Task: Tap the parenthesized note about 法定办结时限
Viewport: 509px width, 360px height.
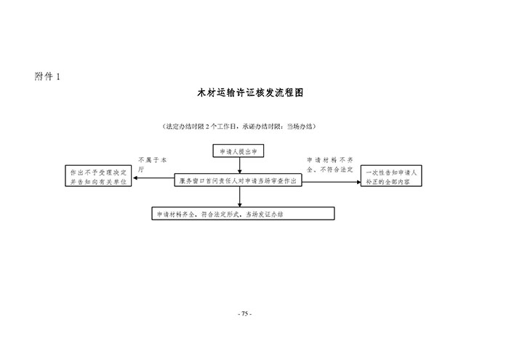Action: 239,126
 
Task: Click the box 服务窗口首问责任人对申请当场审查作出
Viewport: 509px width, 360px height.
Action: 237,180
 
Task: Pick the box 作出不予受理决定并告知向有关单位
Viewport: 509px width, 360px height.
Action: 97,177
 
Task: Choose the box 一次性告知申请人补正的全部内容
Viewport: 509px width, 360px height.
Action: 393,177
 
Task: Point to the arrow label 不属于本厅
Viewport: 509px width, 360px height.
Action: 152,163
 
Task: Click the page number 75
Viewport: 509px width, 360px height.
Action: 244,313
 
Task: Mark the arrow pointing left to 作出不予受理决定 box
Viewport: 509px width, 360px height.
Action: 153,179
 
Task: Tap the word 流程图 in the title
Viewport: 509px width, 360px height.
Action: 287,94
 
